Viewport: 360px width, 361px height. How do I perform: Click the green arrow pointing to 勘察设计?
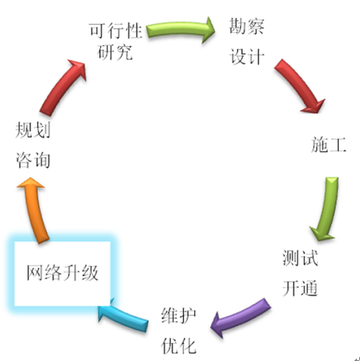coord(180,29)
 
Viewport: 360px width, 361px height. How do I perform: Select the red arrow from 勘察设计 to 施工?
coord(300,85)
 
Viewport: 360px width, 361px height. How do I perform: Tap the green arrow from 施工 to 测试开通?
coord(326,209)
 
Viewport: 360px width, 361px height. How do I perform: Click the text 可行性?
coord(116,31)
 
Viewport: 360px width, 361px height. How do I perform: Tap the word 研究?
coord(115,52)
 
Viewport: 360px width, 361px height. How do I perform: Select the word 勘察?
coord(247,26)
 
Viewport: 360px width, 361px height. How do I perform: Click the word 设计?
coord(247,56)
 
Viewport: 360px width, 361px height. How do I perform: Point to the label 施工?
coord(329,144)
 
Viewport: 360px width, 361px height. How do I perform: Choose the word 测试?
coord(300,258)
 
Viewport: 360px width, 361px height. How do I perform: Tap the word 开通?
coord(300,288)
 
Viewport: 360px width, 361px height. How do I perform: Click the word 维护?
coord(178,316)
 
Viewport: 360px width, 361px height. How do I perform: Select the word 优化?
coord(178,346)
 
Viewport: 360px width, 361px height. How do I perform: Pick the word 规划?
coord(33,130)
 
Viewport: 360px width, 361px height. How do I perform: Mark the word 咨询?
coord(33,160)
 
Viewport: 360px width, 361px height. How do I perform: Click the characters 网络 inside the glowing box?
coord(45,273)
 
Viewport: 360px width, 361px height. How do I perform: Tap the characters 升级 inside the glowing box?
coord(81,273)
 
